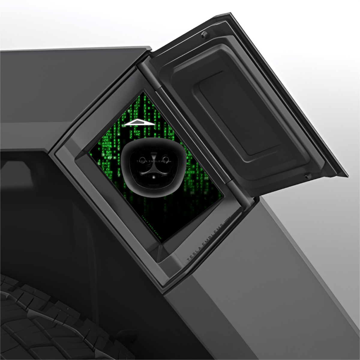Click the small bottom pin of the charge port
coord(153,177)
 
